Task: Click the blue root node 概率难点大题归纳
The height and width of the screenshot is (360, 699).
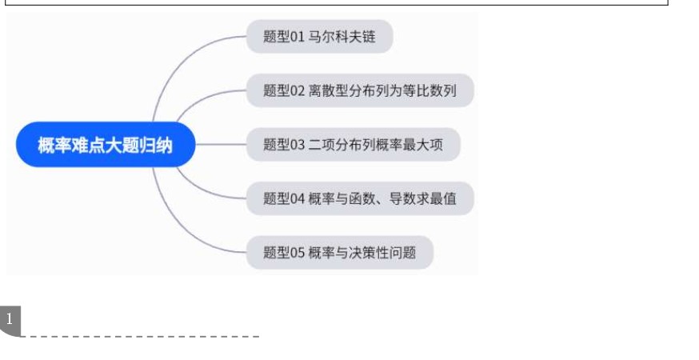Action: point(106,145)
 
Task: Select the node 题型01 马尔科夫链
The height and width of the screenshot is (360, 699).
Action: point(320,37)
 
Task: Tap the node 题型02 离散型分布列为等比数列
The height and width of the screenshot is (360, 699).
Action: point(360,90)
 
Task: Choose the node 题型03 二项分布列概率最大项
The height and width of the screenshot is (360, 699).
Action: point(353,145)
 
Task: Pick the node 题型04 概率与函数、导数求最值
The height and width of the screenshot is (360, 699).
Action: point(360,198)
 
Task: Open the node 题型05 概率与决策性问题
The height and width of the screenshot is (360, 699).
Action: point(340,253)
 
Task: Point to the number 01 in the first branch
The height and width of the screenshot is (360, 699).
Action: point(297,37)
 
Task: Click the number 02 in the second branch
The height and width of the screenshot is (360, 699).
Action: point(297,90)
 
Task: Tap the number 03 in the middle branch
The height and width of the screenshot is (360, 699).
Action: point(297,145)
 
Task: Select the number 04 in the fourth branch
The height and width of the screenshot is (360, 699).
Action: point(297,198)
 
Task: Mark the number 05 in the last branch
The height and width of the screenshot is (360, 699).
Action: point(297,253)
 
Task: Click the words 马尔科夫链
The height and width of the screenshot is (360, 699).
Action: point(342,37)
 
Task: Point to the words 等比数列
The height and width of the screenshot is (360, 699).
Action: point(429,90)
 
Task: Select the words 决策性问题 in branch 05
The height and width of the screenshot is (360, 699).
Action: point(382,253)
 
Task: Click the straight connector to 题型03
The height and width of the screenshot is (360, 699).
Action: point(221,145)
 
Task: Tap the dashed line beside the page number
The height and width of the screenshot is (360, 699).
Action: point(140,336)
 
